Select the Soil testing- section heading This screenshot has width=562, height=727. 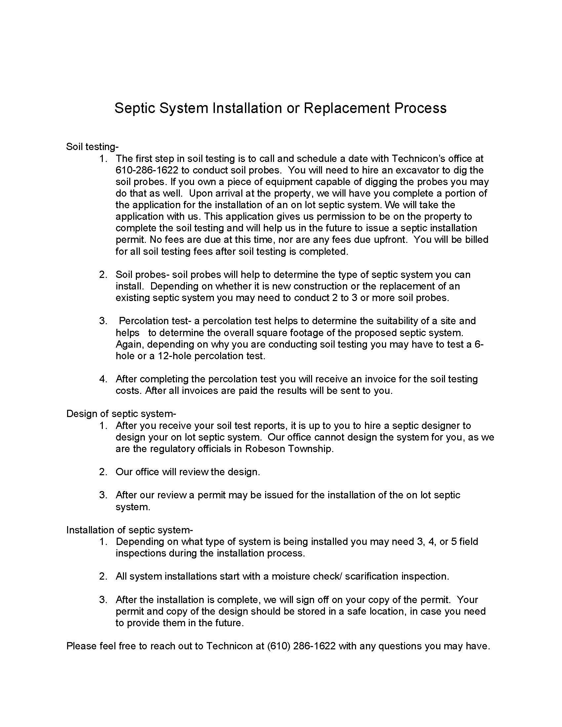[92, 146]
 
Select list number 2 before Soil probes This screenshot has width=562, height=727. [103, 275]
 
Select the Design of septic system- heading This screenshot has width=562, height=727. [121, 414]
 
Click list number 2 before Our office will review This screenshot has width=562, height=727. [103, 472]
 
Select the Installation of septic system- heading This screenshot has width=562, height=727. [130, 530]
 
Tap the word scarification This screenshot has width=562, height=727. [371, 576]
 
